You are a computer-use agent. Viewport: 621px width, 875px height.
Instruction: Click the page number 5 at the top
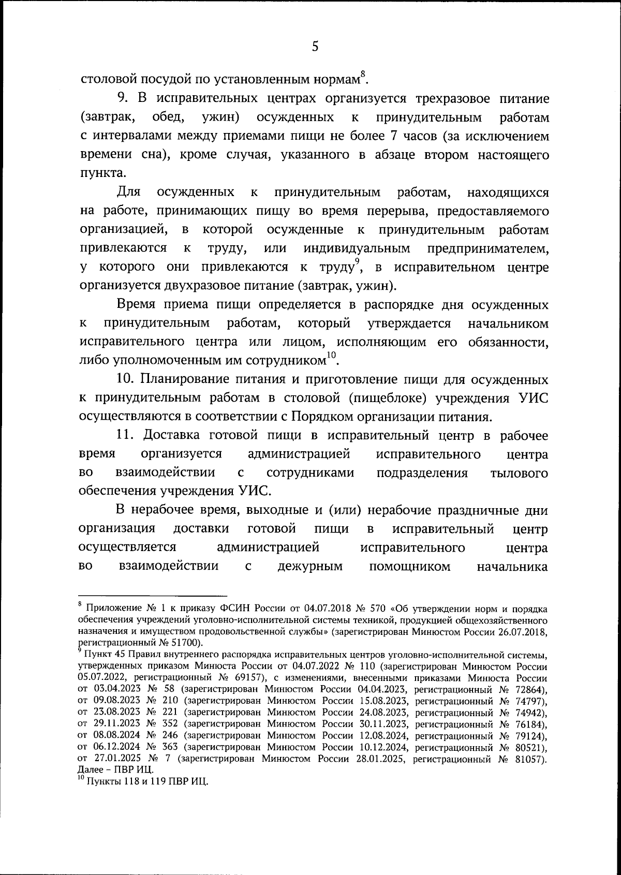coord(315,47)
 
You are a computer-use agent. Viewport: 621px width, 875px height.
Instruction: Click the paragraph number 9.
coord(122,99)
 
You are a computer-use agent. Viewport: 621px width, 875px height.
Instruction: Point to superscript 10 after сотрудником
coord(331,354)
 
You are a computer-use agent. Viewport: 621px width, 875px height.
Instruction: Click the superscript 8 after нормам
coord(363,73)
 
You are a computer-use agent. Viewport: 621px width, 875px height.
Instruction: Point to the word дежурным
coord(310,566)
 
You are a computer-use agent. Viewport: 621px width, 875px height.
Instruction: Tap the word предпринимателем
coord(488,248)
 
